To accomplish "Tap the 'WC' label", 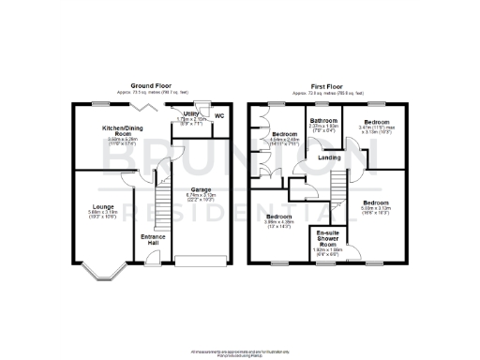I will (x=220, y=116).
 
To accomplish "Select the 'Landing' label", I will (x=329, y=157).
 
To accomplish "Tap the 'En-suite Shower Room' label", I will (x=327, y=236).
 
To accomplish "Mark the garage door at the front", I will (x=202, y=258).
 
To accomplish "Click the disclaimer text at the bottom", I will (x=239, y=352).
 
